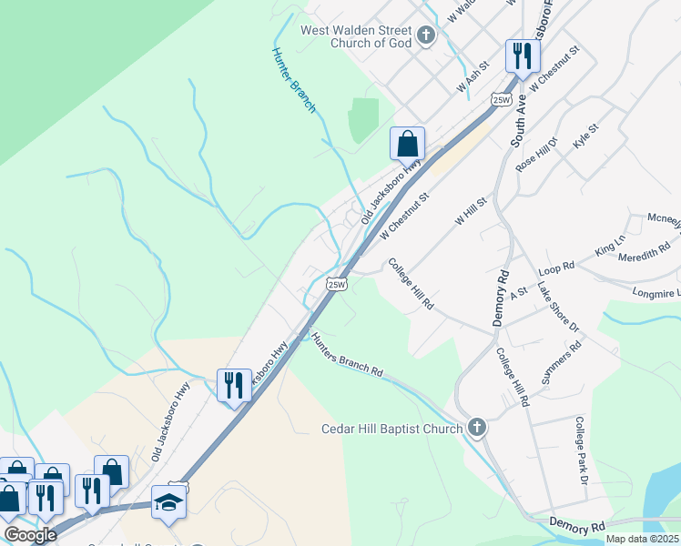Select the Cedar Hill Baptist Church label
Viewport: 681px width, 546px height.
pos(392,429)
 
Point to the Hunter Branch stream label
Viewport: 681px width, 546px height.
pos(295,80)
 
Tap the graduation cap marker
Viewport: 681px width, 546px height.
pos(168,503)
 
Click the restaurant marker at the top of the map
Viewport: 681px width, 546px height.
pos(523,57)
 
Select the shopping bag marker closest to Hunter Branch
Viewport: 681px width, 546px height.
pos(407,144)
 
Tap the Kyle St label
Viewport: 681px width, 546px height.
pos(584,137)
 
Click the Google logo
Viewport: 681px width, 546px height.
pos(30,535)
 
